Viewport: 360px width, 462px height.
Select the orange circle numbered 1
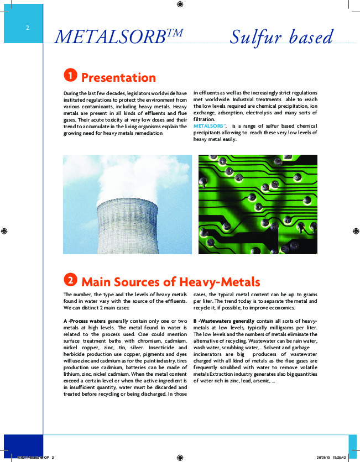(70, 76)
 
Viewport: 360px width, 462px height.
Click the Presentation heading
(118, 77)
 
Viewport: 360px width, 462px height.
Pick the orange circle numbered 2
(70, 280)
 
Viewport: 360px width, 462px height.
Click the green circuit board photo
(258, 204)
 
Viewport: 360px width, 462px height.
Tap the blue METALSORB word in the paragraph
(209, 127)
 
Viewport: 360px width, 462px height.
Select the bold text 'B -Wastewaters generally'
(224, 321)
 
